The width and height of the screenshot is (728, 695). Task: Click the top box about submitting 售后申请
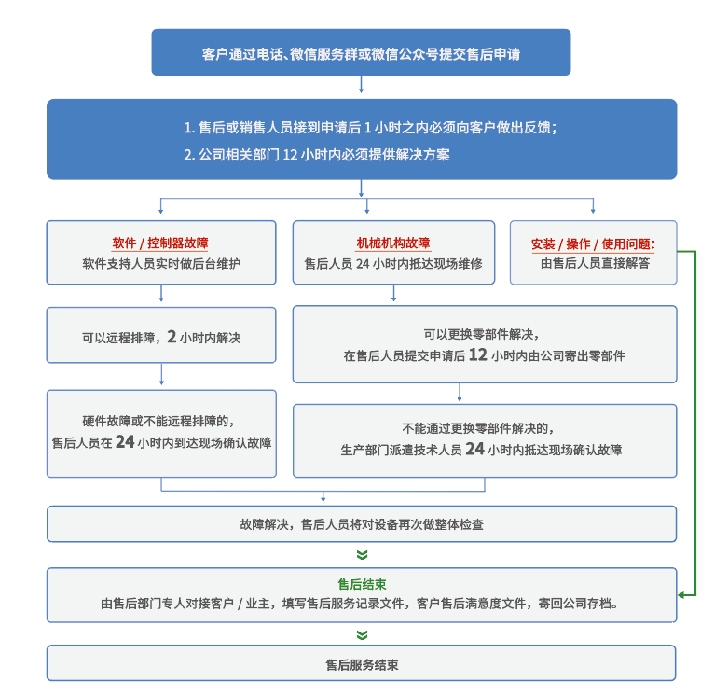(361, 54)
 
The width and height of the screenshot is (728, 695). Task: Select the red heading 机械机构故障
(393, 243)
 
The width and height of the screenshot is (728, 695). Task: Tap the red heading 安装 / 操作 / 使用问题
(593, 244)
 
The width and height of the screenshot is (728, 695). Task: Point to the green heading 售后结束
(362, 585)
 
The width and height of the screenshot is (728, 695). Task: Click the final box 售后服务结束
(362, 665)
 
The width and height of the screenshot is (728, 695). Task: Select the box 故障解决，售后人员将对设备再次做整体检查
(362, 524)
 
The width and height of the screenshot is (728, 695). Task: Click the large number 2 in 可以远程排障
(172, 337)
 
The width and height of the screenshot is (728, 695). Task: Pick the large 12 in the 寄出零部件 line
(477, 354)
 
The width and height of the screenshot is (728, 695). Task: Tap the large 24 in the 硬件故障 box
(126, 442)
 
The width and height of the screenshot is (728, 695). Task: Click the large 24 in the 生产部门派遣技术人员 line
(474, 449)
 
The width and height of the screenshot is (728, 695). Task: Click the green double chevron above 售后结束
(362, 555)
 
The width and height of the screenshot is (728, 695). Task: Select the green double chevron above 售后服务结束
(362, 635)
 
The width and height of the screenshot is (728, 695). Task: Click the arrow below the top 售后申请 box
(361, 87)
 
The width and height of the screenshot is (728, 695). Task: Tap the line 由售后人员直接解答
(594, 264)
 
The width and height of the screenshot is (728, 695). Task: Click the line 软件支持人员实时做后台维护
(161, 264)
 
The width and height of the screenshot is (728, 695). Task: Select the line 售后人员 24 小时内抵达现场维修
(393, 264)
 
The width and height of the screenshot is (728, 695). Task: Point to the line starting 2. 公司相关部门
(316, 155)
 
